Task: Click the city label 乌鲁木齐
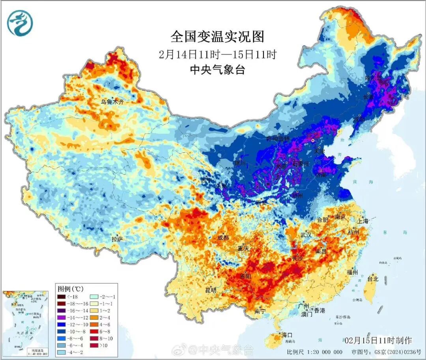[x=112, y=102]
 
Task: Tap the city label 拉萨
[x=118, y=239]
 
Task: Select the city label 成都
[x=223, y=238]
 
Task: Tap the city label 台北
[x=373, y=278]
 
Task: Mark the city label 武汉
[x=306, y=235]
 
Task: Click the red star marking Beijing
[x=313, y=140]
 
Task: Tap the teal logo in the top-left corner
[x=20, y=23]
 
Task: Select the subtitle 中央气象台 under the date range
[x=217, y=70]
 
